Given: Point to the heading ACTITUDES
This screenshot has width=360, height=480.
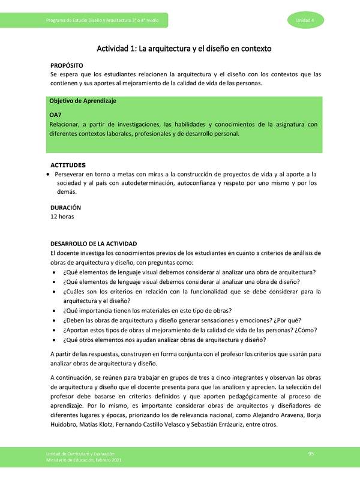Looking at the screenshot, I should coord(68,164).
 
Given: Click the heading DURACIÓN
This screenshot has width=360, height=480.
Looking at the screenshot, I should coord(65,206).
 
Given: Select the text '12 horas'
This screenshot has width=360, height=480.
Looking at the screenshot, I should coord(62,216).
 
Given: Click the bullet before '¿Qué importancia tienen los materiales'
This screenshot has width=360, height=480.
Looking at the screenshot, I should coord(56,310).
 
